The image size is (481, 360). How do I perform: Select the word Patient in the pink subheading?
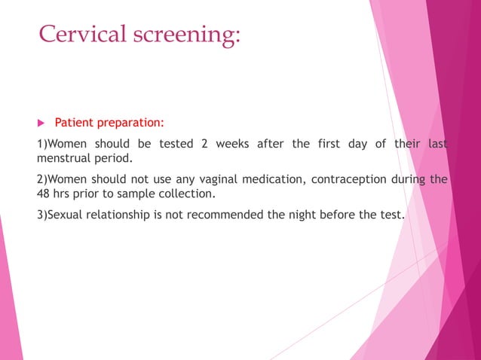(x=73, y=122)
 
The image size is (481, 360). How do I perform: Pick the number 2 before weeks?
(x=204, y=144)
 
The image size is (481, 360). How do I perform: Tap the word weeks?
(x=232, y=144)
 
